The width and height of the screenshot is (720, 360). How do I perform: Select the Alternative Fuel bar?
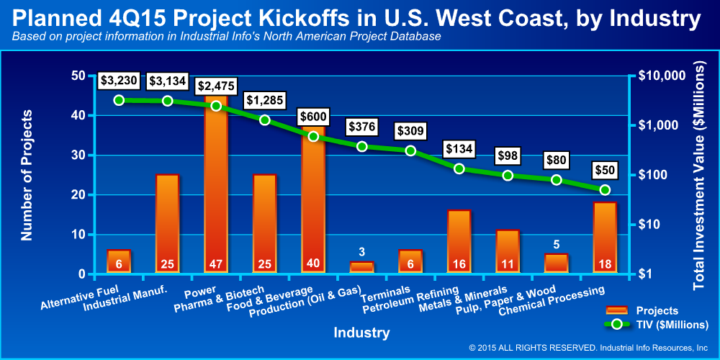coord(119,261)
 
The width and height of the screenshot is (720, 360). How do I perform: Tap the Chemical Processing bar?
coord(605,238)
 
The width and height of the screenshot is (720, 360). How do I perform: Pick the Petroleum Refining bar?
coord(459,242)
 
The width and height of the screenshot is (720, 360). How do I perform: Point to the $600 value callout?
coord(313,117)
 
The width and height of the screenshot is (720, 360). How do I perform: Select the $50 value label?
coord(605,171)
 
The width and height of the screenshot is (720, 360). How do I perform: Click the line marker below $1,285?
coord(264,120)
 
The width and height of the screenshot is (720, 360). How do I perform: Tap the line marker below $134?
coord(459,168)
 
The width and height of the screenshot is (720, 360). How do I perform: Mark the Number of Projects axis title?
coord(28,175)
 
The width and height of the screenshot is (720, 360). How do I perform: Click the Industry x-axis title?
coord(361,333)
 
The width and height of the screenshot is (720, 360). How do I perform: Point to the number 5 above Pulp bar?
coord(556,244)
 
